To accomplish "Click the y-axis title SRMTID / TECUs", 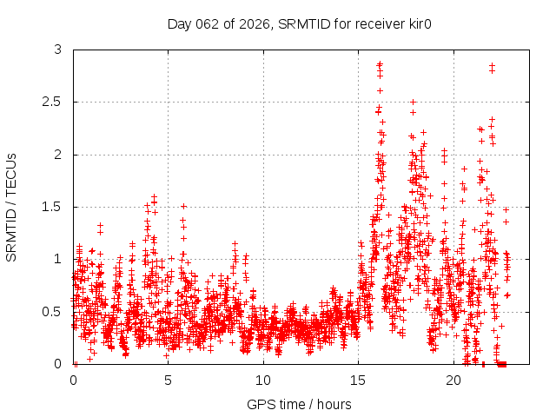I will [12, 207].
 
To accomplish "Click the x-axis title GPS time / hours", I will [299, 405].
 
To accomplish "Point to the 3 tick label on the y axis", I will [58, 50].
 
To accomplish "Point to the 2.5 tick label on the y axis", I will [53, 103].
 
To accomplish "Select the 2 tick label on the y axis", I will [58, 155].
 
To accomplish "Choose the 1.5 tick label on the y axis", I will [53, 207].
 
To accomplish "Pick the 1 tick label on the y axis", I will [58, 259].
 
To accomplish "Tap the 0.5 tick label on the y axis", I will [53, 311].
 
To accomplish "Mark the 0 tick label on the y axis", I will [58, 363].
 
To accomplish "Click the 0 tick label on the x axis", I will [73, 381].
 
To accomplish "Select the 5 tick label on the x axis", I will [169, 381].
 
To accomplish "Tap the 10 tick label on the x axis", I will [263, 381].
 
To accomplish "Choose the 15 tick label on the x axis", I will [359, 381].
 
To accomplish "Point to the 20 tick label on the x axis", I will [453, 381].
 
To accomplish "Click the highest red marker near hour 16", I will [380, 63].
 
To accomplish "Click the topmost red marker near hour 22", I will [492, 65].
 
